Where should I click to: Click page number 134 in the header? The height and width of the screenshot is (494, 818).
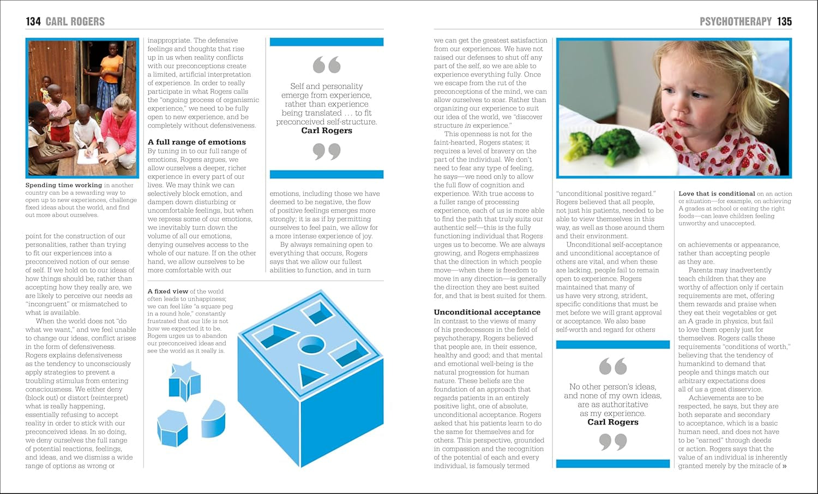pos(33,21)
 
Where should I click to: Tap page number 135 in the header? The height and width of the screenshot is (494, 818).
pos(784,21)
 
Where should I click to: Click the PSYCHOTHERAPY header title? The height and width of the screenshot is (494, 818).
pos(735,21)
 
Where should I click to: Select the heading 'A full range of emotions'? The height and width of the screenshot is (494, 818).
pos(196,142)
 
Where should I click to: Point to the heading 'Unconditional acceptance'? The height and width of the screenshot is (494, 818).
pos(486,312)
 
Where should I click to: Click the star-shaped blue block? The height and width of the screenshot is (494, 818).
pos(185,380)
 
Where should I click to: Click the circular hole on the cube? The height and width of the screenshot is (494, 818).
pos(312,344)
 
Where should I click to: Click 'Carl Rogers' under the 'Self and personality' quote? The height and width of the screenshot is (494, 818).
pos(327,130)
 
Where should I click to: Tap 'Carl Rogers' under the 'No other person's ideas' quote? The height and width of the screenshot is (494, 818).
pos(612,422)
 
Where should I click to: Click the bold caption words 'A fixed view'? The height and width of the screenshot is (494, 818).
pos(168,291)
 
